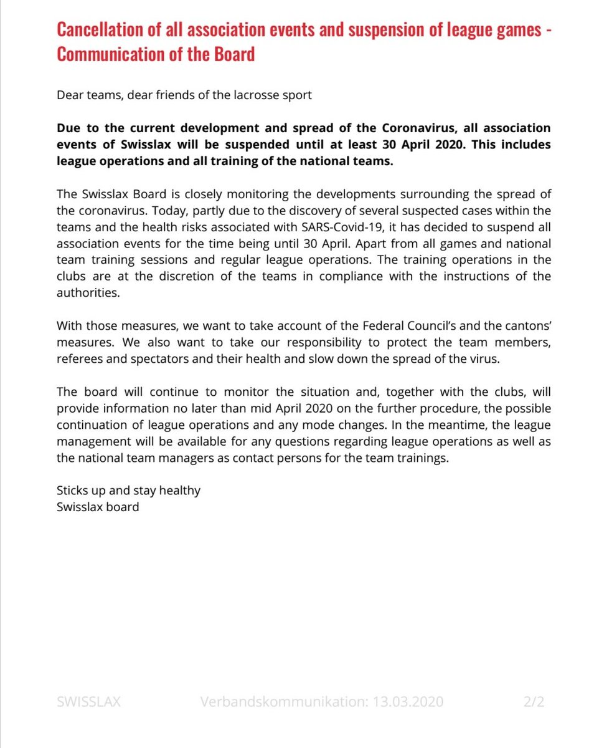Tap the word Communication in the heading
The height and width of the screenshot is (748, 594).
109,54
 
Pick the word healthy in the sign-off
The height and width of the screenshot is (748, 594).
180,490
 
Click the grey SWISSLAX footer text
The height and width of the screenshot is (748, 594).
89,702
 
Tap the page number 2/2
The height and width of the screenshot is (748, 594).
534,702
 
